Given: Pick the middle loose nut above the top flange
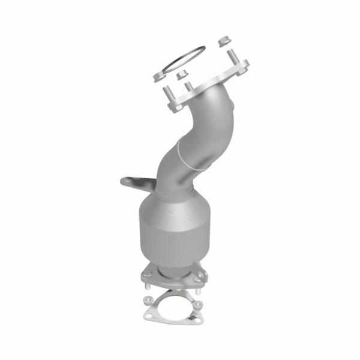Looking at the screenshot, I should pyautogui.click(x=181, y=75).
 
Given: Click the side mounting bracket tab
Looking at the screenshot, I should pyautogui.click(x=135, y=181).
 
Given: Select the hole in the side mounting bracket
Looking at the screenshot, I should pyautogui.click(x=127, y=180).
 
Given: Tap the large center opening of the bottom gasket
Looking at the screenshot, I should pyautogui.click(x=173, y=304).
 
